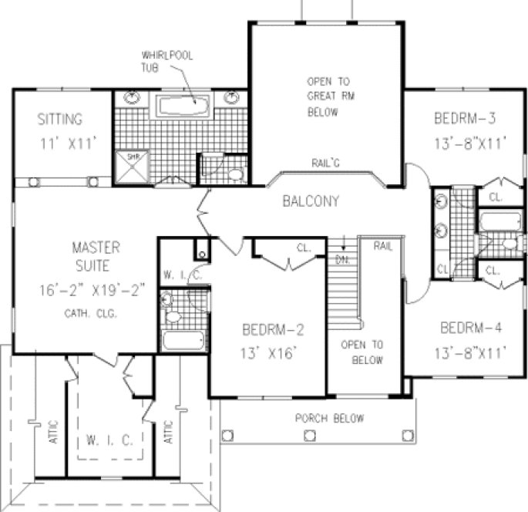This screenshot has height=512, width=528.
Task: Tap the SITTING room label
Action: [x=60, y=120]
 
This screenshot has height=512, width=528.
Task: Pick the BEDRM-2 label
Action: [x=273, y=331]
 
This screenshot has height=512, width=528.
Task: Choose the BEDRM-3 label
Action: [x=463, y=120]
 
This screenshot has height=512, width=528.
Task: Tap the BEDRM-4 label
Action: [x=471, y=328]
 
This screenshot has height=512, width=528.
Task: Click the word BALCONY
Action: [x=311, y=202]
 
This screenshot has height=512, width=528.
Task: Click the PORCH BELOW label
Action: [x=330, y=419]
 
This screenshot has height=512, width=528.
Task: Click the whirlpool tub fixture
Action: [x=183, y=105]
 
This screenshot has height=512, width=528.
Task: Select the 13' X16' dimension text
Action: [x=271, y=355]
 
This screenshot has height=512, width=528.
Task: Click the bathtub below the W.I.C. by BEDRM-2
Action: [x=183, y=339]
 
